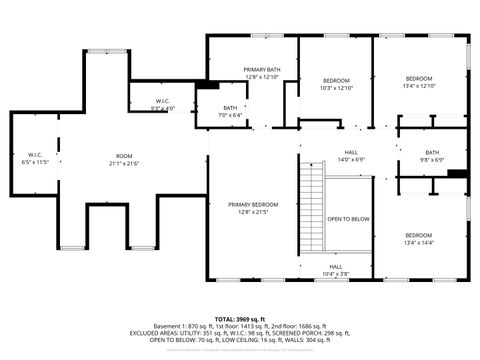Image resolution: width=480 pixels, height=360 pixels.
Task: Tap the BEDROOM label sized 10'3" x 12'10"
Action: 336,79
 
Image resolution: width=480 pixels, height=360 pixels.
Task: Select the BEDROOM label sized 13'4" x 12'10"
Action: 419,78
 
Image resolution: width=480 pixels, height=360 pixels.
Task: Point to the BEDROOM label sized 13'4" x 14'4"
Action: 419,235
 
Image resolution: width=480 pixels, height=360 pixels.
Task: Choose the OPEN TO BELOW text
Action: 349,218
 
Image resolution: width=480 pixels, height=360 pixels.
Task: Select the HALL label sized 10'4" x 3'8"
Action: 336,266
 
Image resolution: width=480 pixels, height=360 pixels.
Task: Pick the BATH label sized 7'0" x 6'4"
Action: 231,108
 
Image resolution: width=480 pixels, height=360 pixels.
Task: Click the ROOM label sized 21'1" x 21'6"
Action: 124,156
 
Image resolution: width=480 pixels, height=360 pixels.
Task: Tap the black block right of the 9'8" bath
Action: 458,173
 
